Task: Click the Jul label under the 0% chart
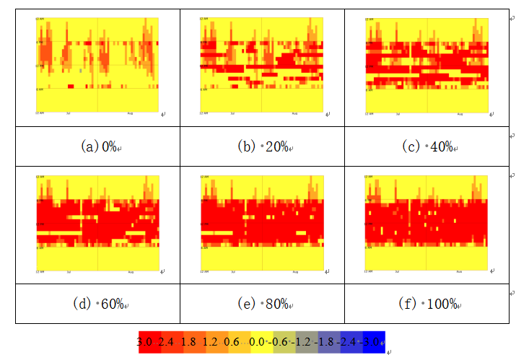coord(69,113)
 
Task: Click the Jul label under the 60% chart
coord(69,272)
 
